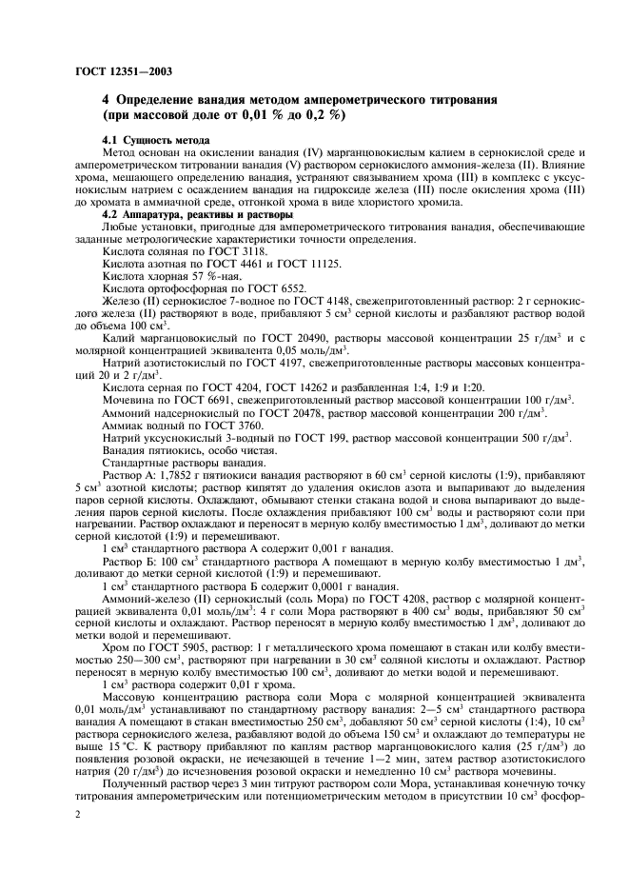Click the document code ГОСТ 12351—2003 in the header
(117, 70)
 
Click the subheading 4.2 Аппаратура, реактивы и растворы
(186, 212)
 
